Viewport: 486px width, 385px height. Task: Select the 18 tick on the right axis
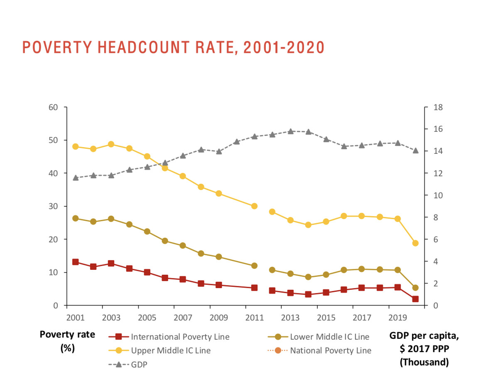[439, 107]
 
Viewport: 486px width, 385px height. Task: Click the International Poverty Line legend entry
[180, 337]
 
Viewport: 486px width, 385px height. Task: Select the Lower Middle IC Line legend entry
[329, 337]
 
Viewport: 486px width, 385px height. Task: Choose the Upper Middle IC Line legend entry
[171, 350]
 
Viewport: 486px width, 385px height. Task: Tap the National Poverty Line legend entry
[331, 350]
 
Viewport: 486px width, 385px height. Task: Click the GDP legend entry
[139, 365]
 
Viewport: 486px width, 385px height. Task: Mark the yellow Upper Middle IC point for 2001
[76, 146]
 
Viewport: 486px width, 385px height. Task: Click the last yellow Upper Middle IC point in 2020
[415, 243]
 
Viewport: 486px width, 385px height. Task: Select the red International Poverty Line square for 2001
[76, 262]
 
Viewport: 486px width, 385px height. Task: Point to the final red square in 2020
[415, 299]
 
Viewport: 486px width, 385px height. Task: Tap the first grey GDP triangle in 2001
[76, 178]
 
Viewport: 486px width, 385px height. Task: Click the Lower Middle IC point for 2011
[254, 266]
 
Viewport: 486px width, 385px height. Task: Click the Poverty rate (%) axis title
[67, 341]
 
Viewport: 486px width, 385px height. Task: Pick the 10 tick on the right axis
[439, 195]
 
